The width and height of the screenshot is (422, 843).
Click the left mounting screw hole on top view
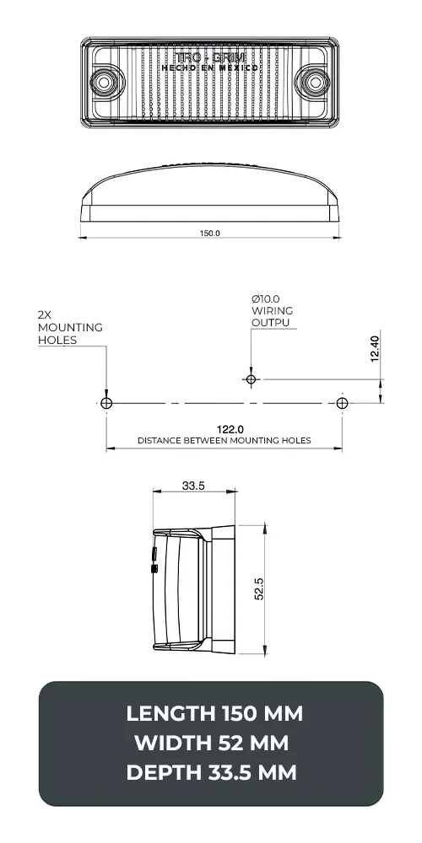point(105,82)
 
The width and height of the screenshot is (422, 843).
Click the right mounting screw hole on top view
point(316,82)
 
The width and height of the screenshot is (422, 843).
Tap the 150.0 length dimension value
point(210,233)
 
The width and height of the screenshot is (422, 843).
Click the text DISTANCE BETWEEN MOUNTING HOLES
point(224,441)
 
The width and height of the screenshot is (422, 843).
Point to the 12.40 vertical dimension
point(375,347)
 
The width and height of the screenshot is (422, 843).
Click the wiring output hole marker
point(250,379)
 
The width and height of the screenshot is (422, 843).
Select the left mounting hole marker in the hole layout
point(106,404)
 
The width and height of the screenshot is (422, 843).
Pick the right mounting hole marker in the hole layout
point(341,404)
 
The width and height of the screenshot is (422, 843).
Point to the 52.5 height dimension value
point(259,589)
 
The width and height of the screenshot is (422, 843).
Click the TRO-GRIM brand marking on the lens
point(209,56)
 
